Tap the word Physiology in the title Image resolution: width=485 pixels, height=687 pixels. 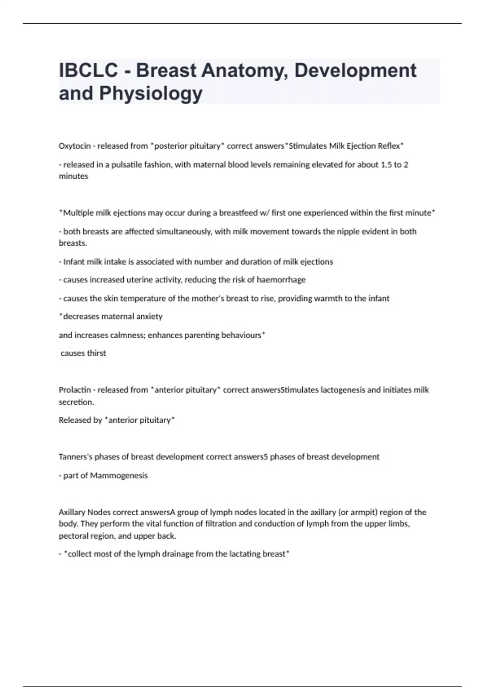click(x=151, y=93)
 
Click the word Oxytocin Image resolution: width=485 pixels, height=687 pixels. click(x=74, y=146)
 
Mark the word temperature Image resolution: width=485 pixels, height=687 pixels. click(x=148, y=298)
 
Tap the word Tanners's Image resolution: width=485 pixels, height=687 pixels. click(x=76, y=457)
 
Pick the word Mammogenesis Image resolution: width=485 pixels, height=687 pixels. click(x=119, y=476)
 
